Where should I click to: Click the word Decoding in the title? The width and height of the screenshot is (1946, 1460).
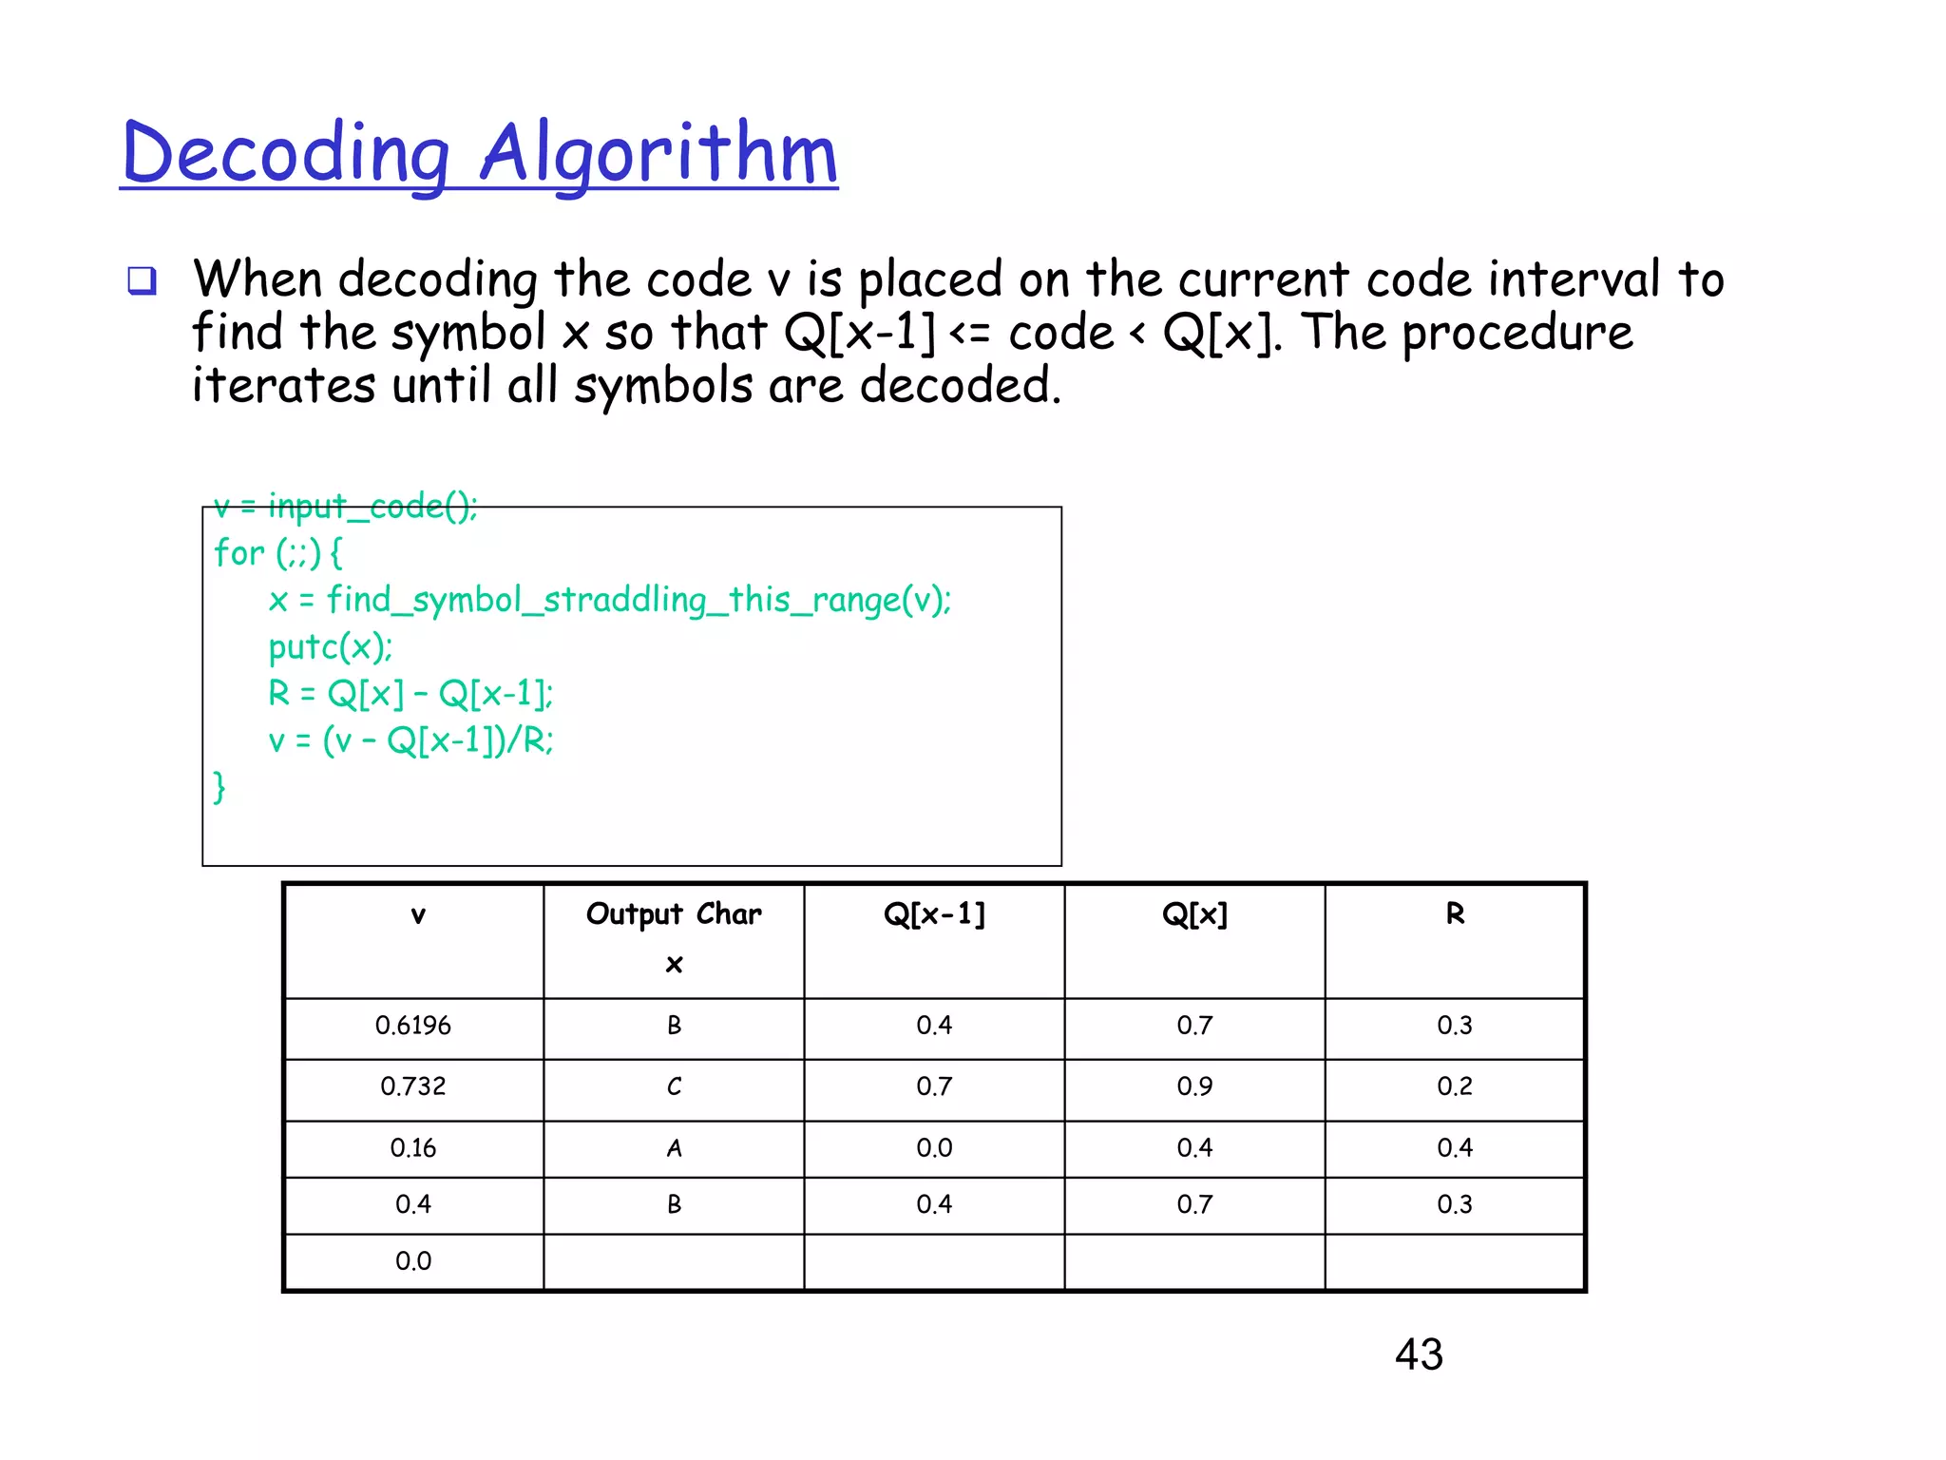coord(285,154)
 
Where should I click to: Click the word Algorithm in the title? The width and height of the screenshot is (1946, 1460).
coord(658,154)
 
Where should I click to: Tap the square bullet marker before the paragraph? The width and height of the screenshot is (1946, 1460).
coord(143,281)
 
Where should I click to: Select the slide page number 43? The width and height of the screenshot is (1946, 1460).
coord(1419,1354)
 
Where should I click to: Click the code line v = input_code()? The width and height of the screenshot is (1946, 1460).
coord(346,507)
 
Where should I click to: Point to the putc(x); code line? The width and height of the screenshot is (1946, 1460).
coord(330,647)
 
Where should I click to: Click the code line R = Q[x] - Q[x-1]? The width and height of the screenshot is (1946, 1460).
coord(410,694)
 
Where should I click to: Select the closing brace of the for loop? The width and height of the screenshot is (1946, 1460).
coord(219,787)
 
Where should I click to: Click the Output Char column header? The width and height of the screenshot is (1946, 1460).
coord(674,914)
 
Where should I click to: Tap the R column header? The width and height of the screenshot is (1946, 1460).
coord(1455,914)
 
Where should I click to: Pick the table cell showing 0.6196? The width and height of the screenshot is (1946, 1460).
coord(413,1026)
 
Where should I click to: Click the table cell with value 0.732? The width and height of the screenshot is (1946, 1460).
coord(413,1086)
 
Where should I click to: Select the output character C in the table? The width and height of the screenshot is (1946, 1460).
coord(674,1086)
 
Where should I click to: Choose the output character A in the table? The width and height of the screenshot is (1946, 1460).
coord(674,1148)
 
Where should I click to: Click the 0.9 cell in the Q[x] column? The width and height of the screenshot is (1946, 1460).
coord(1194,1086)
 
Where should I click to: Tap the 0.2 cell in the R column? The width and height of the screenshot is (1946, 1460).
coord(1455,1086)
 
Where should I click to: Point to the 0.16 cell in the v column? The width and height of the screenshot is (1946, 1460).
coord(413,1148)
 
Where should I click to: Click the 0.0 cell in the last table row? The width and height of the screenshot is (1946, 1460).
coord(413,1261)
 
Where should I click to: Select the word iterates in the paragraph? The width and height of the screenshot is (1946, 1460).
coord(283,386)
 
